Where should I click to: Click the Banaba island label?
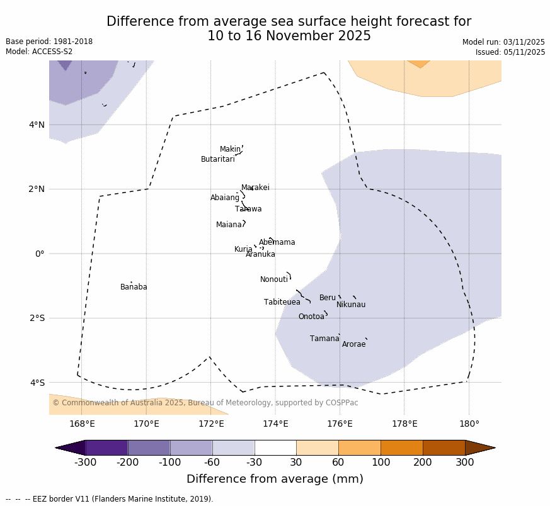pos(134,287)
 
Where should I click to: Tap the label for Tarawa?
pos(248,209)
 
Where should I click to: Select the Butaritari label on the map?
pos(218,159)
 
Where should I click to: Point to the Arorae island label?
pos(353,344)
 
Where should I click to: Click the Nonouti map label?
pos(274,279)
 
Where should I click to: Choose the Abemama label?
pos(277,242)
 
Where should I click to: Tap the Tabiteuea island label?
pos(282,302)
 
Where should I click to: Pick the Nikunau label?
pos(351,305)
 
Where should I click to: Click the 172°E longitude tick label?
pos(211,424)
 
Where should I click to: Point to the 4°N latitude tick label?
pos(37,125)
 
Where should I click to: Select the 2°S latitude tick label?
pos(37,318)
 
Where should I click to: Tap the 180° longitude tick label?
pos(469,424)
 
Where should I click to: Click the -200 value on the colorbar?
pos(128,463)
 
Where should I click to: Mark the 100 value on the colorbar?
pos(381,463)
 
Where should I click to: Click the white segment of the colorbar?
pos(275,447)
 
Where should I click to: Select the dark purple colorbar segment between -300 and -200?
pos(106,447)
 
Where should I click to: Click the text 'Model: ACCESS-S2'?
pos(39,52)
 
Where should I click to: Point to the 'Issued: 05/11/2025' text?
pos(510,52)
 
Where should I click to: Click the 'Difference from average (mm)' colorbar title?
pos(275,479)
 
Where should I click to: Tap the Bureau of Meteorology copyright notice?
pos(205,403)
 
